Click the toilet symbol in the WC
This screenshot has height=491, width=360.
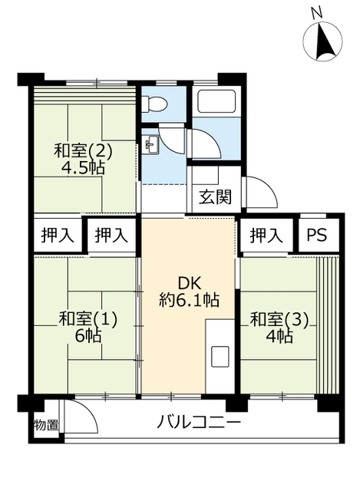point(154,104)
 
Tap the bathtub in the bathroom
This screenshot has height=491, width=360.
point(216,101)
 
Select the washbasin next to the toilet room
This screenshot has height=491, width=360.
point(150,145)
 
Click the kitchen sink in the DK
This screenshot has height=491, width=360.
point(220,356)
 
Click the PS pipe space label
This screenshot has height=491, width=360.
point(316,235)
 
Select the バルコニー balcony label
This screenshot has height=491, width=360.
point(199,423)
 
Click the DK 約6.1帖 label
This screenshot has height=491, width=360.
point(189,292)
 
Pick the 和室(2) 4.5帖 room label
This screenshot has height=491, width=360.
point(83,160)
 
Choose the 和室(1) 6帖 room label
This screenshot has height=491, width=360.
point(88,328)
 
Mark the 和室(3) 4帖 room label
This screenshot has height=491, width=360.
point(279,328)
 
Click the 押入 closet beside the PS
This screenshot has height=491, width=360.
point(266,236)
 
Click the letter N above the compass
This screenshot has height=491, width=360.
point(317,13)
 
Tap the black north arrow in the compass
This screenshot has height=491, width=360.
point(324,41)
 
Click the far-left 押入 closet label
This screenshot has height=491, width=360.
point(58,236)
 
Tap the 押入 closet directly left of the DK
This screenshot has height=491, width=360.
point(111,236)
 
